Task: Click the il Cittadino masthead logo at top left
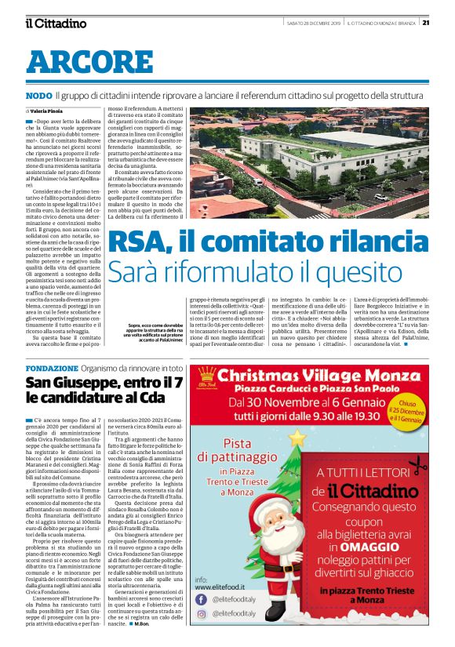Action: (x=54, y=23)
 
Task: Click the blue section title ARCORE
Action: (x=78, y=62)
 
